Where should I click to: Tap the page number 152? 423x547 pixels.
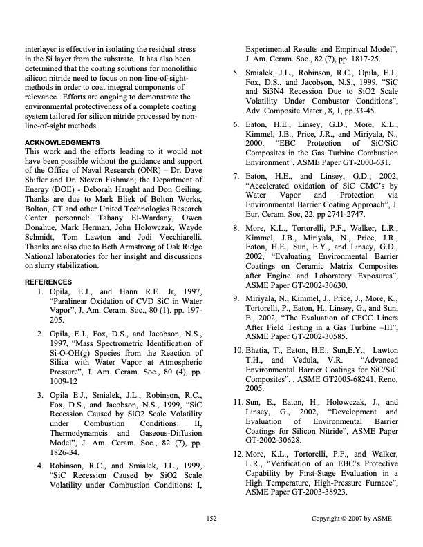(x=211, y=517)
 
